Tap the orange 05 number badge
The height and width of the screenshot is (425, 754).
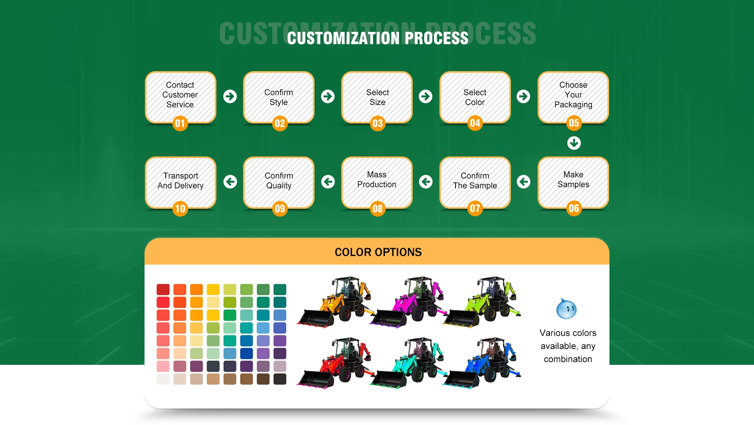pyautogui.click(x=574, y=123)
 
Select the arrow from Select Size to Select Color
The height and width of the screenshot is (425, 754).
pyautogui.click(x=425, y=96)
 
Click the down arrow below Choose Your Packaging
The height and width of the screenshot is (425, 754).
pyautogui.click(x=574, y=143)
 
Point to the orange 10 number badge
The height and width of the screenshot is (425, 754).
pyautogui.click(x=180, y=209)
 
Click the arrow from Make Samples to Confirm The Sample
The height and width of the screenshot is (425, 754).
pyautogui.click(x=523, y=182)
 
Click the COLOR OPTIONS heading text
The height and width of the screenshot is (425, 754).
pyautogui.click(x=378, y=252)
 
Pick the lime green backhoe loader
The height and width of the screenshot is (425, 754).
pyautogui.click(x=483, y=303)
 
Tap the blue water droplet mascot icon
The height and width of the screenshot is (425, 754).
pyautogui.click(x=566, y=309)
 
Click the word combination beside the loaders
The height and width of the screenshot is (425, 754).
pyautogui.click(x=568, y=359)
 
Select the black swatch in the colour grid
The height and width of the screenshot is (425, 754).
pyautogui.click(x=280, y=379)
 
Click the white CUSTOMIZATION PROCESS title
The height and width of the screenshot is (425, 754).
pyautogui.click(x=377, y=38)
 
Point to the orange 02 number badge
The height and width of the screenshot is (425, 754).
pyautogui.click(x=280, y=123)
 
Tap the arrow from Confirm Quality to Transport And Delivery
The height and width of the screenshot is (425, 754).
pyautogui.click(x=230, y=182)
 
